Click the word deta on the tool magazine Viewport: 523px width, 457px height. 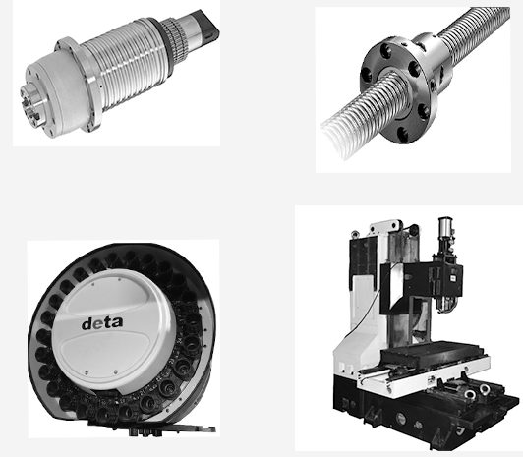coord(102,323)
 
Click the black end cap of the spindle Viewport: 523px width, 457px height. coord(207,24)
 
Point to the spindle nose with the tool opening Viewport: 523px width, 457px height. coord(31,104)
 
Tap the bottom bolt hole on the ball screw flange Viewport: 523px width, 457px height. coord(402,134)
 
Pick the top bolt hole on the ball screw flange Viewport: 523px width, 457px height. coord(386,51)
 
